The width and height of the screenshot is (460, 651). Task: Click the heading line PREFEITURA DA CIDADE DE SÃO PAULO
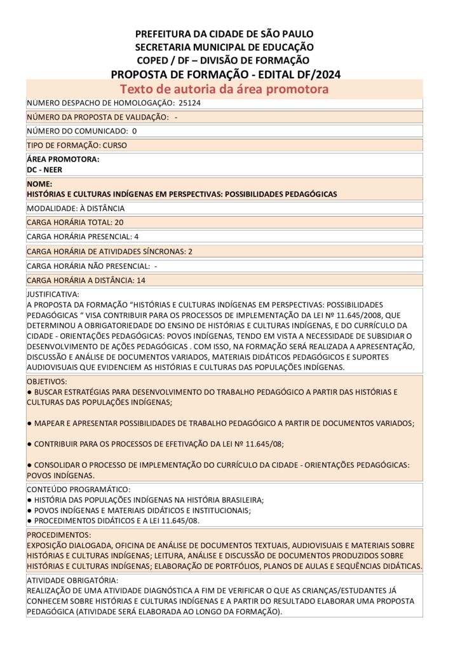(224, 34)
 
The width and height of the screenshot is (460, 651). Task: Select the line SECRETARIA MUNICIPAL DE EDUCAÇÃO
(224, 47)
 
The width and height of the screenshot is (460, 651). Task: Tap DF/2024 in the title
(317, 74)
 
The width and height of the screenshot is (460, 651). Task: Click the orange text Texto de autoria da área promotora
(224, 89)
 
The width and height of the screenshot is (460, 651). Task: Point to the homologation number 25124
(189, 103)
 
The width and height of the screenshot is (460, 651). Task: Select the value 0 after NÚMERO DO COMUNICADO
(134, 131)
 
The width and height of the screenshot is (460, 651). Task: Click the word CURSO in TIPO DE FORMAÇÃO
(114, 145)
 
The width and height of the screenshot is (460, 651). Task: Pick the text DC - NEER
(44, 170)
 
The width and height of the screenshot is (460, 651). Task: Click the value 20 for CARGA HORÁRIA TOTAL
(119, 223)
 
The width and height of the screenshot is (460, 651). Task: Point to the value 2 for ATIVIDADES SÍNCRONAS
(189, 251)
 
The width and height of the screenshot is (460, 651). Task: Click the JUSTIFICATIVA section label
(53, 294)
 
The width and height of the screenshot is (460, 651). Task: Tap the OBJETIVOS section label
(46, 381)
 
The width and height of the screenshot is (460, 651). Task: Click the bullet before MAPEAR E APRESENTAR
(29, 423)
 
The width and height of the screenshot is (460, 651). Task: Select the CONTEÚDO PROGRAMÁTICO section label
(78, 489)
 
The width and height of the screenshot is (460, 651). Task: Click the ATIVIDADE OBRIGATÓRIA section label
(72, 580)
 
